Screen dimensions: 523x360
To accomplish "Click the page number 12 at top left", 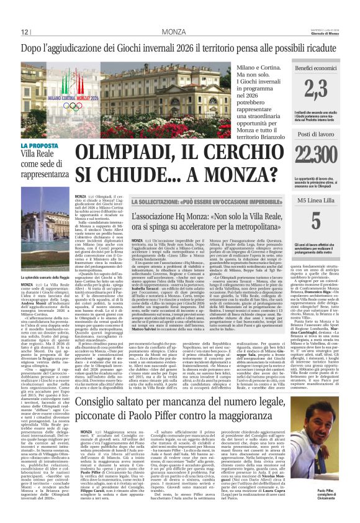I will pos(25,32).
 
